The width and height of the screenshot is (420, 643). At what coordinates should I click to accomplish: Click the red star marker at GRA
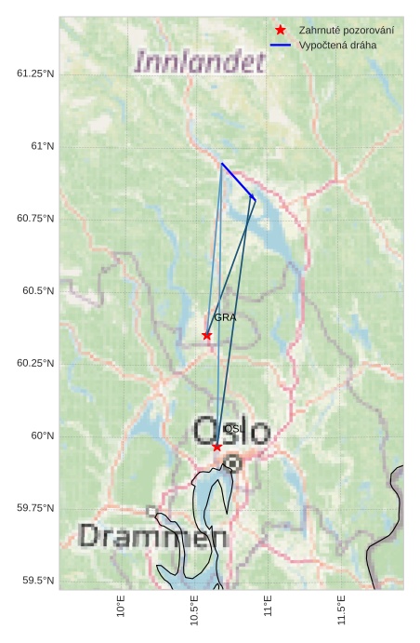click(207, 335)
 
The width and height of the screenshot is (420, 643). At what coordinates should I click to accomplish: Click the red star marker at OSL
click(217, 447)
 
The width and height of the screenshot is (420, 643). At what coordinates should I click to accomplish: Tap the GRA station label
click(225, 317)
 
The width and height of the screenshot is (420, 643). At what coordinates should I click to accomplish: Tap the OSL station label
click(233, 429)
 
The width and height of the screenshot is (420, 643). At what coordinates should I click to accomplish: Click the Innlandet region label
click(201, 62)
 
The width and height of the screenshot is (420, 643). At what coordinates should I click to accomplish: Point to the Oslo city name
click(232, 431)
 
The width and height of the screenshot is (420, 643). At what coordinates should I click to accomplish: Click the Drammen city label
click(152, 536)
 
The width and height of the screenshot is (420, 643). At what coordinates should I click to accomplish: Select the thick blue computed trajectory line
click(238, 181)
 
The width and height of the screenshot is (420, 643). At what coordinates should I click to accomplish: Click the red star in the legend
click(281, 31)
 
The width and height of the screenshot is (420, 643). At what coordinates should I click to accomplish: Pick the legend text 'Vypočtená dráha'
click(338, 45)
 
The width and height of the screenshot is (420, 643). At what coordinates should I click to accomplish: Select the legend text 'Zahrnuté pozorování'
click(347, 31)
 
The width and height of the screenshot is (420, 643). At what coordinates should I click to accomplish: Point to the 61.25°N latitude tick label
click(35, 74)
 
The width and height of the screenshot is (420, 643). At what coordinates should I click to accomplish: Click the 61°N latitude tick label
click(43, 146)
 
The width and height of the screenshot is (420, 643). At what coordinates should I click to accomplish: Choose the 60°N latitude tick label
click(43, 435)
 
